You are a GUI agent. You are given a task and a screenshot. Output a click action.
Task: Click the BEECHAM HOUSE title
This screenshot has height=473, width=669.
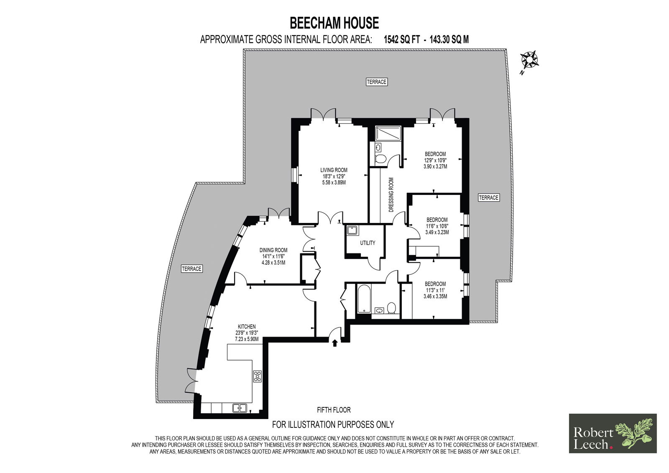click(x=334, y=23)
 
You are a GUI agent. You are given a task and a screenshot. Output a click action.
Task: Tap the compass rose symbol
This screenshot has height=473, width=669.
click(x=529, y=59)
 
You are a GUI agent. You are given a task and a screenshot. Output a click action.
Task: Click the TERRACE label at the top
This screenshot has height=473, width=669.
click(x=377, y=82)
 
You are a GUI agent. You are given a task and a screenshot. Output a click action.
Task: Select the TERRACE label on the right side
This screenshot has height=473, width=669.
click(x=489, y=197)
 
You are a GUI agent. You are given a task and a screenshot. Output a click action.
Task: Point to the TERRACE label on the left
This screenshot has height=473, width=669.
click(x=192, y=269)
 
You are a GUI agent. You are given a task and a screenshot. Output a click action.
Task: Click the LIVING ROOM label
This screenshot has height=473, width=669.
click(x=334, y=170)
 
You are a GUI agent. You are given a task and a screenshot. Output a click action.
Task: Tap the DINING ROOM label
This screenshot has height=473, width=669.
click(x=273, y=250)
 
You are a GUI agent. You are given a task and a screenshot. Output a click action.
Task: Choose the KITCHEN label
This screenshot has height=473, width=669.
click(x=247, y=327)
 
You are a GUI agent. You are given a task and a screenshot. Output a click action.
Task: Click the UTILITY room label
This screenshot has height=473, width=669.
click(x=368, y=243)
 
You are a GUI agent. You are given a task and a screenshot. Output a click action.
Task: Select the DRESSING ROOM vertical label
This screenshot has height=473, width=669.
click(x=391, y=195)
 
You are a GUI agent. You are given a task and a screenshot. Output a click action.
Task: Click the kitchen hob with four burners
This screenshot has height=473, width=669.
click(x=258, y=376)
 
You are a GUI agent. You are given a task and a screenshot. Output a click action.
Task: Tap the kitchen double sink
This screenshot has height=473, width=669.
click(x=240, y=408)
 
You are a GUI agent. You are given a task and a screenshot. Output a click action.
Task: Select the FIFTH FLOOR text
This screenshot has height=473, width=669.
click(x=334, y=410)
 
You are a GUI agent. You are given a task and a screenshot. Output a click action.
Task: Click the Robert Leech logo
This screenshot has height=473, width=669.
click(x=613, y=433)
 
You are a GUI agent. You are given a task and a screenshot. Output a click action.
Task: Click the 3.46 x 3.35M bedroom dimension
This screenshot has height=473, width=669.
click(x=435, y=297)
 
